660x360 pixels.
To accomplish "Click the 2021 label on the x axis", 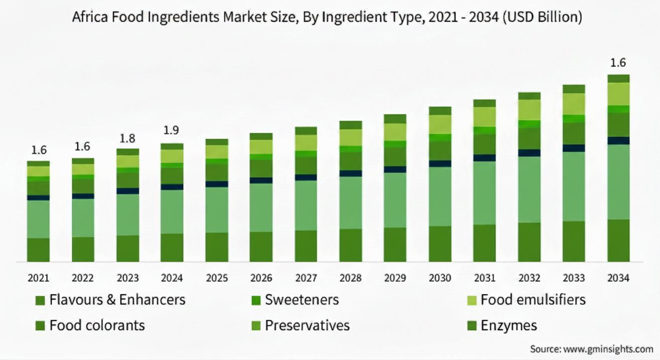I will tap(38, 278).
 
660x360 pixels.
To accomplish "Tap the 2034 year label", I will tap(618, 278).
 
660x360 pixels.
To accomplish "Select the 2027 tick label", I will tap(306, 278).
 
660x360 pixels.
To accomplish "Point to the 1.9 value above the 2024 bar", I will tap(172, 131).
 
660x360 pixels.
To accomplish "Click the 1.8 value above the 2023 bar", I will tap(128, 138).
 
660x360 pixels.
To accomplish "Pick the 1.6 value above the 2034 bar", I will tap(618, 63).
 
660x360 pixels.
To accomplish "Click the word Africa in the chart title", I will tap(88, 18).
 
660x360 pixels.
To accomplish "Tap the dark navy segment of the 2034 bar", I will tap(618, 141).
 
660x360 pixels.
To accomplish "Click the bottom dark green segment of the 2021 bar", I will tap(38, 250).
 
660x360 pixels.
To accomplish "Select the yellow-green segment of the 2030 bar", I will tap(440, 124).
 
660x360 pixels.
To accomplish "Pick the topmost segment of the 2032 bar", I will tap(529, 96).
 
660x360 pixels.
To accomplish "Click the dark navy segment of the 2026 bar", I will tap(261, 180).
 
